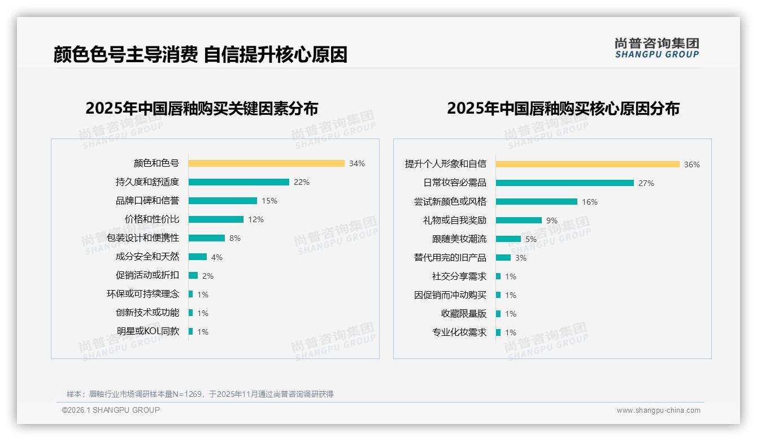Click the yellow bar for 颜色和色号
pyautogui.click(x=266, y=163)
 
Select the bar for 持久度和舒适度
pyautogui.click(x=238, y=182)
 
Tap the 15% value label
pyautogui.click(x=269, y=201)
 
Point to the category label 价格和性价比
pyautogui.click(x=151, y=219)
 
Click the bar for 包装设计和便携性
pyautogui.click(x=206, y=238)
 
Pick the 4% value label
pyautogui.click(x=217, y=257)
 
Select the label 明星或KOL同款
pyautogui.click(x=148, y=331)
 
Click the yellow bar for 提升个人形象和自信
pyautogui.click(x=588, y=165)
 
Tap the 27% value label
pyautogui.click(x=646, y=183)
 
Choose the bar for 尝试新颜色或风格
pyautogui.click(x=537, y=202)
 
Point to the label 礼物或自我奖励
pyautogui.click(x=455, y=220)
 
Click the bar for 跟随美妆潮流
pyautogui.click(x=508, y=239)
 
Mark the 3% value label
pyautogui.click(x=521, y=258)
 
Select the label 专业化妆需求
pyautogui.click(x=459, y=332)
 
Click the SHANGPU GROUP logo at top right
pyautogui.click(x=657, y=48)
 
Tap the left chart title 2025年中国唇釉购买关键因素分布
pyautogui.click(x=202, y=109)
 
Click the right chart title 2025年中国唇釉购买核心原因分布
pyautogui.click(x=563, y=109)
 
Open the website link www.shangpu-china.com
pyautogui.click(x=658, y=410)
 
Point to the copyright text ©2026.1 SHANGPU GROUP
pyautogui.click(x=111, y=410)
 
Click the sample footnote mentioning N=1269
pyautogui.click(x=200, y=394)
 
